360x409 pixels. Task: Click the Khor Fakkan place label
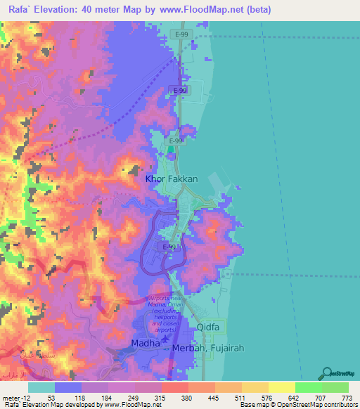(171, 179)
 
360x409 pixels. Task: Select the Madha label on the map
(145, 343)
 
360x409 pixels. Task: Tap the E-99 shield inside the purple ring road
(169, 247)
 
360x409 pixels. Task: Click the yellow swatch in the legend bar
(281, 387)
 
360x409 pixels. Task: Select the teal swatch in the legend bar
(41, 387)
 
